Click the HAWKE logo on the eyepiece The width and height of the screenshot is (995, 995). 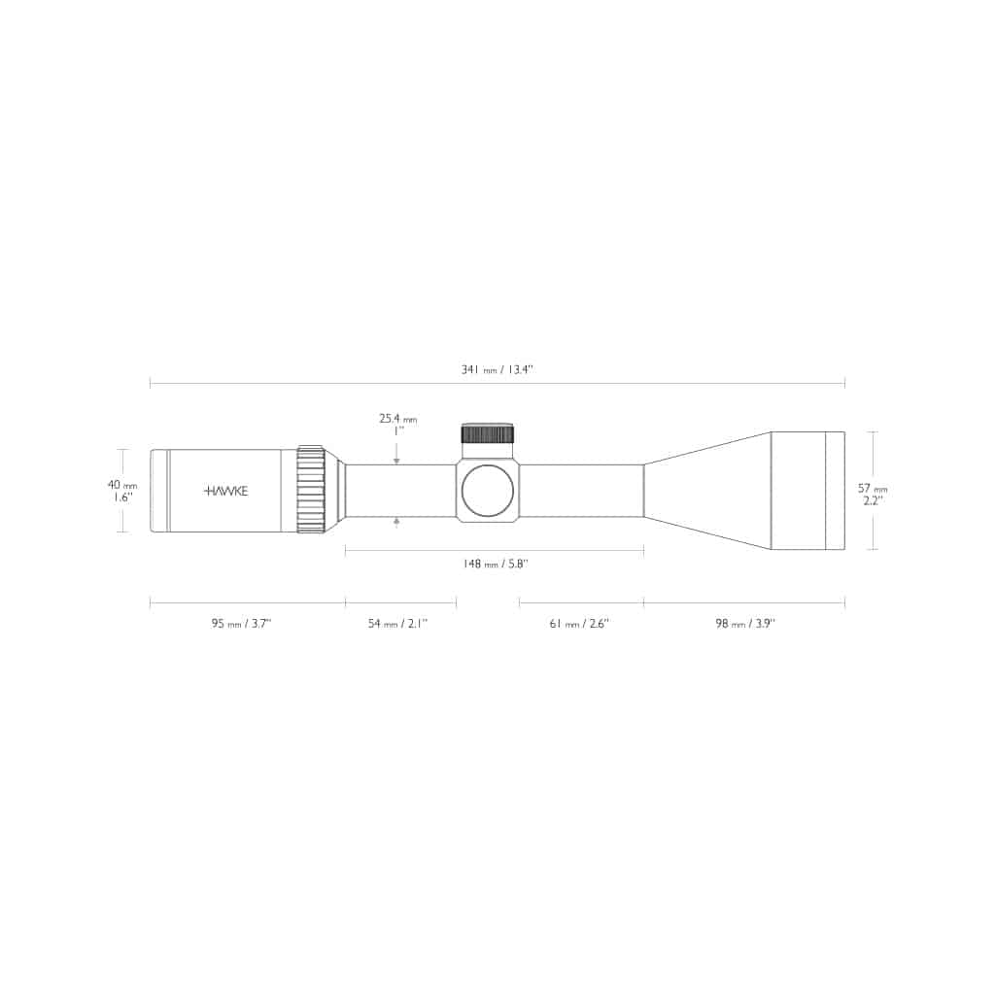[225, 491]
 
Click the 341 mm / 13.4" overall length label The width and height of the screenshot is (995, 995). [497, 370]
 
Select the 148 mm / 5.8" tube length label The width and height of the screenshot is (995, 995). [496, 564]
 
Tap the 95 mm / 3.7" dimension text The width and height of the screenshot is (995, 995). [241, 624]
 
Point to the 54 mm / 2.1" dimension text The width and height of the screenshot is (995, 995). [397, 624]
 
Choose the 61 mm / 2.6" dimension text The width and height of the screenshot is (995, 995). [579, 624]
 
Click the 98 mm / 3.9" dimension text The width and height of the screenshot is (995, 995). [745, 624]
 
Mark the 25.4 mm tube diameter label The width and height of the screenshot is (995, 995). [398, 419]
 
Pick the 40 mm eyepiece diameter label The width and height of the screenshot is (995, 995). [122, 486]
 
